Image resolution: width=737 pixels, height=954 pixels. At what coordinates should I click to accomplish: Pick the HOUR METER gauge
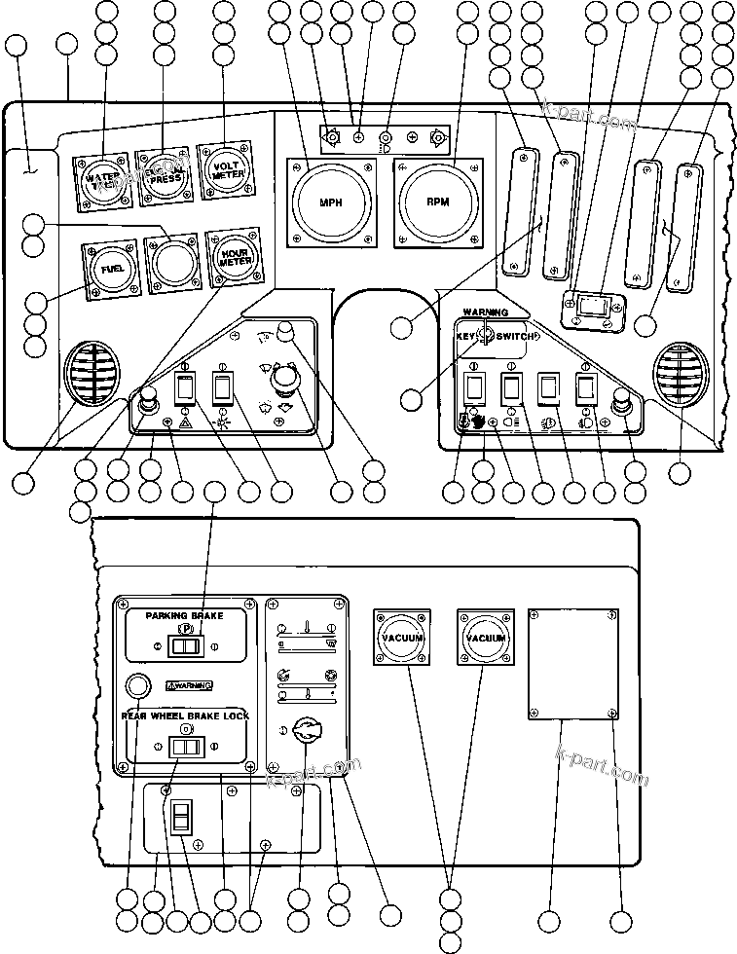231,257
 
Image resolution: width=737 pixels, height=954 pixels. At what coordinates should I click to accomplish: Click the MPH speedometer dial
332,202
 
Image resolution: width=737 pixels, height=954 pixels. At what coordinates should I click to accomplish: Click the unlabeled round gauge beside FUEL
169,262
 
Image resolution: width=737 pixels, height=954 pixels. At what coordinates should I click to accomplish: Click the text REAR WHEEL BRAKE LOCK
185,715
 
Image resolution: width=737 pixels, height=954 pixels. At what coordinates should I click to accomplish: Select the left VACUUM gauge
401,638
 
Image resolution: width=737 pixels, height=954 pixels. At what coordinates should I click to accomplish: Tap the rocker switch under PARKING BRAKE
185,644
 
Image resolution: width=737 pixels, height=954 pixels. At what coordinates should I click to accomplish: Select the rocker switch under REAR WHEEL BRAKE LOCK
185,747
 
